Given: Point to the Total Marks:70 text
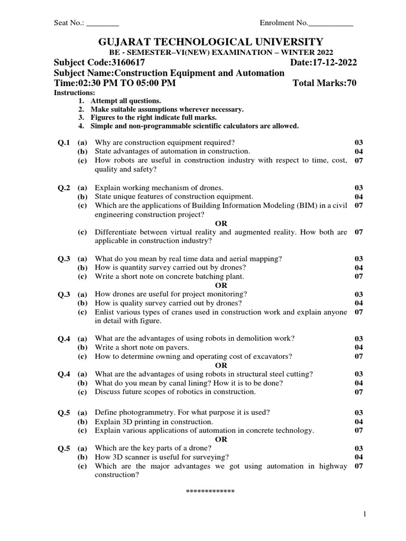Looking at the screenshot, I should (x=324, y=83).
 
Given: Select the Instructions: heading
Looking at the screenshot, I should (x=75, y=92).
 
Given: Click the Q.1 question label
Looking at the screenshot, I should (x=64, y=143).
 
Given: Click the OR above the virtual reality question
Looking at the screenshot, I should (x=221, y=223).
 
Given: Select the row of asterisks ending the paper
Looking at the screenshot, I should (x=210, y=492).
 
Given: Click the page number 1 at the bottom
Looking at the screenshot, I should (x=365, y=514).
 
